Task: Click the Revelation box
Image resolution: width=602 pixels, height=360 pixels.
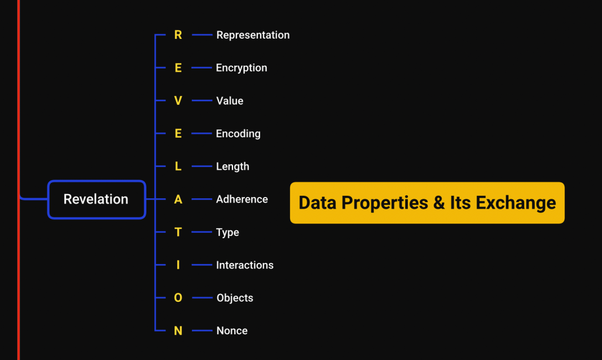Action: tap(97, 199)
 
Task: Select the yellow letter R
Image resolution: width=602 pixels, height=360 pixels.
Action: tap(178, 35)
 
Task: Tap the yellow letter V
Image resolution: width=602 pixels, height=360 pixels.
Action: tap(178, 101)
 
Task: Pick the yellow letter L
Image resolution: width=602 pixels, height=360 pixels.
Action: tap(178, 166)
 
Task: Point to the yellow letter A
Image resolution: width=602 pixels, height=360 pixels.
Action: tap(178, 199)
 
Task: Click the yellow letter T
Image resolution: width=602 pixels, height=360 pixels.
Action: tap(178, 232)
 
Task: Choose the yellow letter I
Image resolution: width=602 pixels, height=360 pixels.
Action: tap(178, 265)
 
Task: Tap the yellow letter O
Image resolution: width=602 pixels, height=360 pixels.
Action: tap(178, 298)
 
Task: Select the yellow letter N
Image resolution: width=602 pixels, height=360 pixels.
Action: tap(178, 331)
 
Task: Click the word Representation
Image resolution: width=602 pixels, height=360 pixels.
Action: tap(253, 35)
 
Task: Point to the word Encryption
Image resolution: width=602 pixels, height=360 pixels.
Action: tap(241, 68)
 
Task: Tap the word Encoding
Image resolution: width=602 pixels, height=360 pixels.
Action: tap(238, 134)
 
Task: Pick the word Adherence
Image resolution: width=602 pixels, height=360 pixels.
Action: tap(242, 199)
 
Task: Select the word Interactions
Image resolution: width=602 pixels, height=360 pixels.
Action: tap(245, 265)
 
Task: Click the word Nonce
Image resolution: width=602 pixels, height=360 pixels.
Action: tap(232, 331)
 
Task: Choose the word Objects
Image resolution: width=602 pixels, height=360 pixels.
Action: tap(235, 298)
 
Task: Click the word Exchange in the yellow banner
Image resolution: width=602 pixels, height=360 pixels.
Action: tap(515, 202)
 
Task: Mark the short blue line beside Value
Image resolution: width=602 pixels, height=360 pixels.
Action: tap(202, 101)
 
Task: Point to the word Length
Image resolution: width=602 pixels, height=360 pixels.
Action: tap(232, 166)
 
